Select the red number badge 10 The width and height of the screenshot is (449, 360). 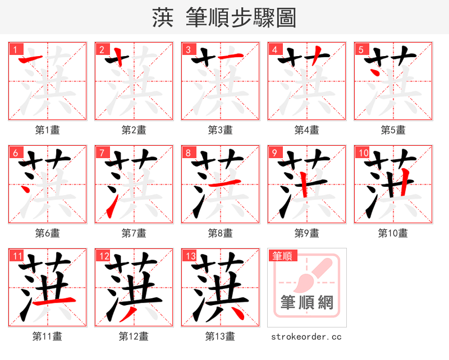pyautogui.click(x=363, y=153)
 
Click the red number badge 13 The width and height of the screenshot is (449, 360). pyautogui.click(x=190, y=256)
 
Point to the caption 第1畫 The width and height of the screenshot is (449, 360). pyautogui.click(x=48, y=130)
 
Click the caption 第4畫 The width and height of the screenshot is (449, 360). pyautogui.click(x=307, y=130)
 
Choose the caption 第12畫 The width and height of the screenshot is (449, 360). pyautogui.click(x=134, y=336)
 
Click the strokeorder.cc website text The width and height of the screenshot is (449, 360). pyautogui.click(x=306, y=337)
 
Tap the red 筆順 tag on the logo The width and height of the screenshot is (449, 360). pyautogui.click(x=282, y=256)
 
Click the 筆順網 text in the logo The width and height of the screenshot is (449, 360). pyautogui.click(x=307, y=303)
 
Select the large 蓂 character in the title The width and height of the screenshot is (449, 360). pyautogui.click(x=162, y=18)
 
